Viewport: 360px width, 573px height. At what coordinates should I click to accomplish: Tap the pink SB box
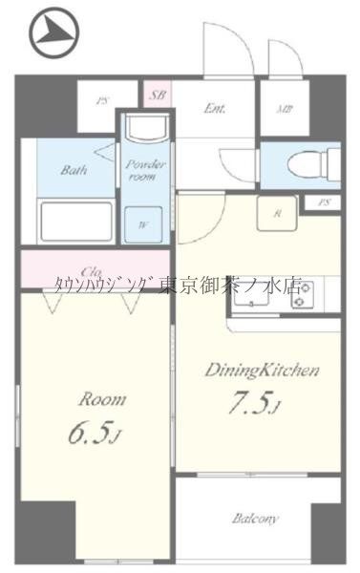pos(158,95)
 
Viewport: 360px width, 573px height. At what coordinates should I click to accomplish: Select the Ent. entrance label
pos(215,109)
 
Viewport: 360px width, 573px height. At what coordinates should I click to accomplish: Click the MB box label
pos(284,110)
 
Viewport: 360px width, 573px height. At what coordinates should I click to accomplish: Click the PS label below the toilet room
pos(323,202)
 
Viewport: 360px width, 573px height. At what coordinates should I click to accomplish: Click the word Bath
pos(74,171)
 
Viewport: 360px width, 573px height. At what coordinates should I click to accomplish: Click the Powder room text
pos(145,171)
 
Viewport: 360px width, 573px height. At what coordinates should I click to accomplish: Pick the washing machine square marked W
pos(142,225)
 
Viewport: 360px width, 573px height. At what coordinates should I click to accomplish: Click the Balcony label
pos(254,519)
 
